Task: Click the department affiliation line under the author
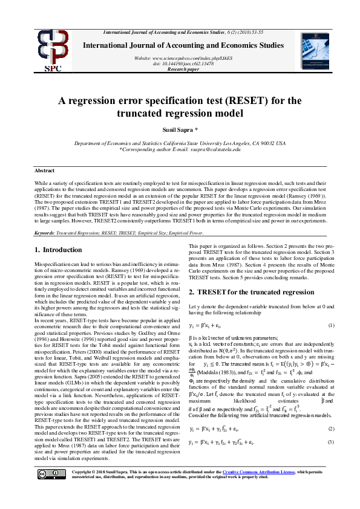click(x=180, y=143)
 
